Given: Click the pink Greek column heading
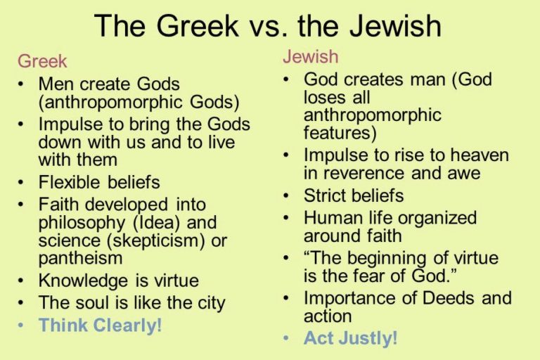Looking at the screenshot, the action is pyautogui.click(x=42, y=61).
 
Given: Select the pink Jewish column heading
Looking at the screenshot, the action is pyautogui.click(x=310, y=56).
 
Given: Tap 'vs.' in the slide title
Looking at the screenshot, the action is pyautogui.click(x=269, y=26).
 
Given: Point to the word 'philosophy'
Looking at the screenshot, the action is pyautogui.click(x=82, y=223).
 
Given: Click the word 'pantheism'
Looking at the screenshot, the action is pyautogui.click(x=80, y=258).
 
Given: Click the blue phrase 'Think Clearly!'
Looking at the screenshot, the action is pyautogui.click(x=101, y=326).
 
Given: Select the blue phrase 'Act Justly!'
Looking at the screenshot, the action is pyautogui.click(x=351, y=338).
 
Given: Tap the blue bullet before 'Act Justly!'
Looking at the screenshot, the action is pyautogui.click(x=286, y=338).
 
